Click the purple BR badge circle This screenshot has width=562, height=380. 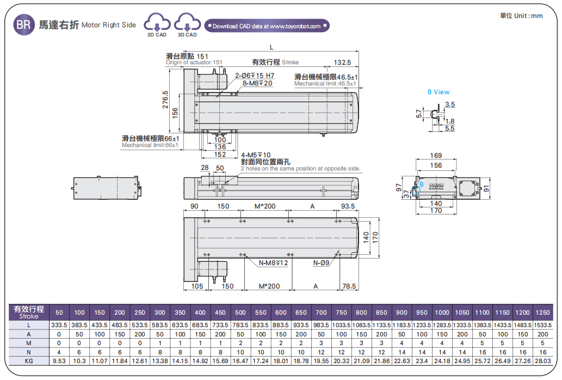[x=23, y=25]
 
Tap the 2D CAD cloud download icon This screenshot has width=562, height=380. [x=157, y=24]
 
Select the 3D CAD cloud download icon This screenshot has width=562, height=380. [x=187, y=24]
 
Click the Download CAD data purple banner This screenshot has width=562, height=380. [x=267, y=26]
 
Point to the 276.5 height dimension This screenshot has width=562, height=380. [x=166, y=100]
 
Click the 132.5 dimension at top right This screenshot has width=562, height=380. [x=342, y=62]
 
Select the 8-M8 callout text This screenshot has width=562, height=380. [x=257, y=83]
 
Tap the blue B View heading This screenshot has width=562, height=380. [x=438, y=92]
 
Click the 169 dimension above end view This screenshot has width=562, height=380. [x=436, y=156]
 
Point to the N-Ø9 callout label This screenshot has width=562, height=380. [x=322, y=263]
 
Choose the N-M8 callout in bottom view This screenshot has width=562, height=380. [x=273, y=263]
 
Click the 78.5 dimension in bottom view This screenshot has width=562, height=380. [x=349, y=286]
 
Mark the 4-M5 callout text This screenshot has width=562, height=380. [x=256, y=155]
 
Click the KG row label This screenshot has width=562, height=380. [x=29, y=360]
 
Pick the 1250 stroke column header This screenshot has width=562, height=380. [x=542, y=312]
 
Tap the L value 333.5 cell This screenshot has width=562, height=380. [x=59, y=325]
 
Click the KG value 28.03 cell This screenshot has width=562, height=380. [x=542, y=360]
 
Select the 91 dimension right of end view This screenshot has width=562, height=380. [x=486, y=188]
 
